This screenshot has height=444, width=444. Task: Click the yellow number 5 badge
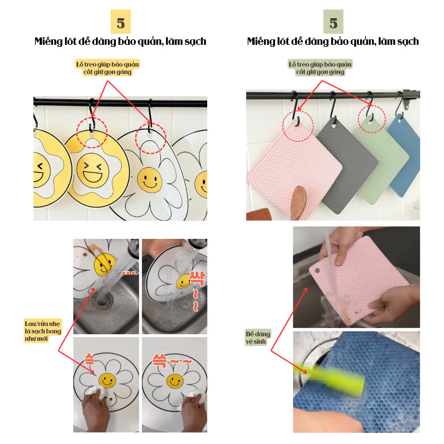click(120, 22)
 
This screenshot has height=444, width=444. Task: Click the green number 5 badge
click(333, 22)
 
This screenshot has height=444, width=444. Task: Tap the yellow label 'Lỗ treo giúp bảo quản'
click(108, 64)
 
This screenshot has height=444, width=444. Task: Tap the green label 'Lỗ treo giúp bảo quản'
click(320, 64)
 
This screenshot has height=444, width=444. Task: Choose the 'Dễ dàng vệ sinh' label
click(258, 337)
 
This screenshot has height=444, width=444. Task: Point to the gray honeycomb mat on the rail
click(347, 166)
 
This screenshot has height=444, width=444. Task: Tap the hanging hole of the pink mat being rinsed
click(317, 271)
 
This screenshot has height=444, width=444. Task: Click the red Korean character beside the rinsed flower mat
click(197, 279)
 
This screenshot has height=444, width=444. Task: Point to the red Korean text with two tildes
click(172, 360)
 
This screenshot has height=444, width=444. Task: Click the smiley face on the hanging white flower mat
click(150, 180)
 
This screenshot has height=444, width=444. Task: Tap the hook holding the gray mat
click(333, 106)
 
